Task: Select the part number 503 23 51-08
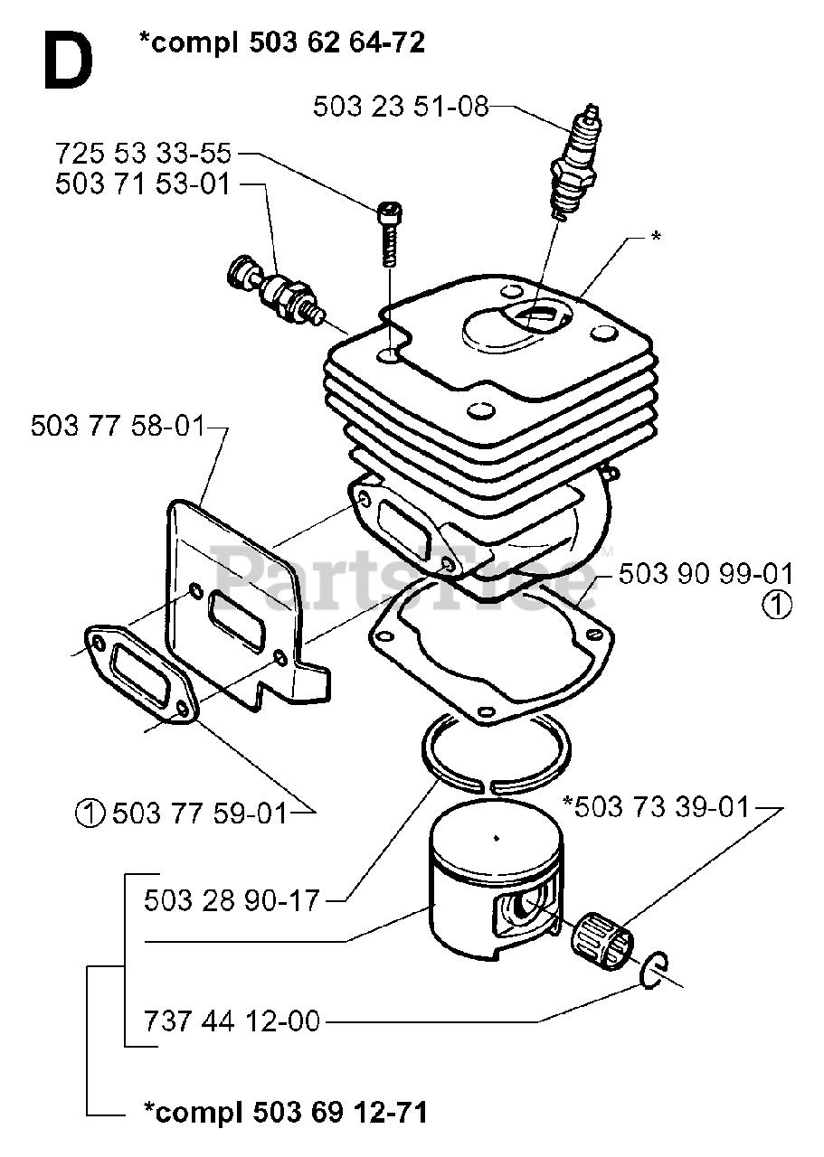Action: (x=401, y=107)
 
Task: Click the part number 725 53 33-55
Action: (x=143, y=152)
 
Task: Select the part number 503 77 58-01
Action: (x=118, y=425)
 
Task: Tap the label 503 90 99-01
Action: (x=706, y=574)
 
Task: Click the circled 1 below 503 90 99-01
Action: (x=777, y=607)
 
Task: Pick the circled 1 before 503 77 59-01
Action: (x=91, y=814)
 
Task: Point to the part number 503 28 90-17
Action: (x=232, y=900)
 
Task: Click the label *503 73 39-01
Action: (x=656, y=805)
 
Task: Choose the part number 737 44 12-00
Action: (x=232, y=1021)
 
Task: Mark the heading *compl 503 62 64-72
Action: (x=282, y=42)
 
